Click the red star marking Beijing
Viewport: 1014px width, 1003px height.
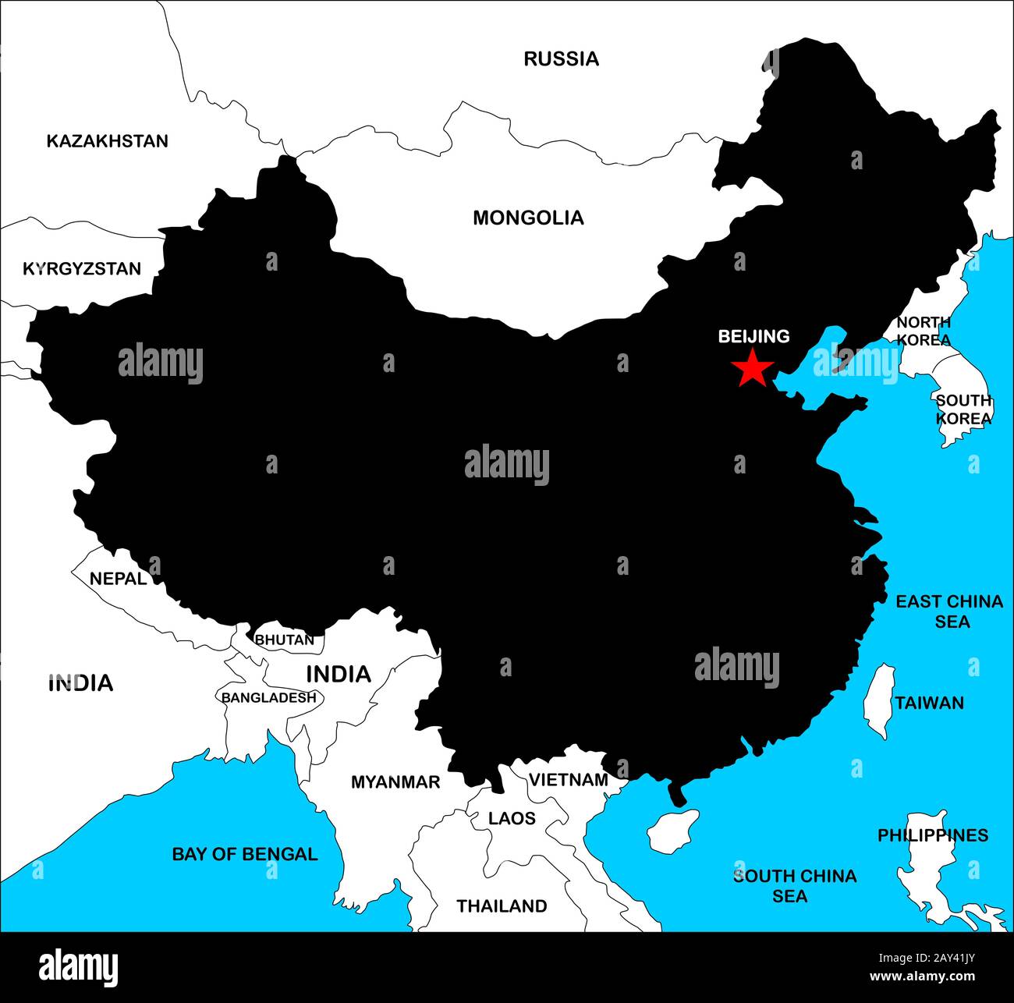(x=752, y=368)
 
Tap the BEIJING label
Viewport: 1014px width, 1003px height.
(x=753, y=336)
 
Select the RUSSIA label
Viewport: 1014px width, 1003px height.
(x=561, y=58)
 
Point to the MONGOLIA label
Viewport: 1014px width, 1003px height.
(x=528, y=218)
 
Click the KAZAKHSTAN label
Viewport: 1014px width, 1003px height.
(x=107, y=141)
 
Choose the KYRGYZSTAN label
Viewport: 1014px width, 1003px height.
(x=82, y=269)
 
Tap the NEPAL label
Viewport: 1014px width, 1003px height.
(x=118, y=579)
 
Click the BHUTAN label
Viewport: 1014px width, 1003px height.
(x=285, y=640)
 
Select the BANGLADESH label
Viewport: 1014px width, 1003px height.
(x=269, y=697)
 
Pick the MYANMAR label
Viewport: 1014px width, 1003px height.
(x=395, y=781)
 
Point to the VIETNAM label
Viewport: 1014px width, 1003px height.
(x=569, y=780)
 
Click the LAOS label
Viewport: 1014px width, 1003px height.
(x=512, y=818)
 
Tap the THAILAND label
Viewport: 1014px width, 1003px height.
(x=502, y=906)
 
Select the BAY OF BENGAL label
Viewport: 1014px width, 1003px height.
(x=245, y=854)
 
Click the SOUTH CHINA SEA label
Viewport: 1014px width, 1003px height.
(x=794, y=886)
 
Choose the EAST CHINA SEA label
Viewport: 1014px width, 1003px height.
(x=948, y=611)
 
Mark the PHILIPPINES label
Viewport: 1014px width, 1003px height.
(x=933, y=835)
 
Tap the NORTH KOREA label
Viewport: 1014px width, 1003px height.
(x=924, y=331)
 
